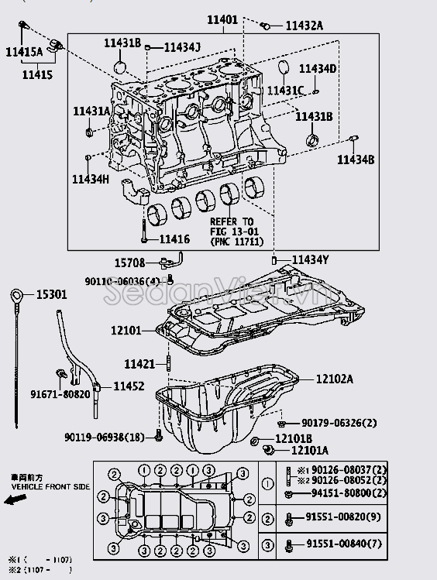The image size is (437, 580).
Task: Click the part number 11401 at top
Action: [x=224, y=19]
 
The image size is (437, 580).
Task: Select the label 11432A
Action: [x=304, y=26]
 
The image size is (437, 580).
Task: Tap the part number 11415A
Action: [x=24, y=52]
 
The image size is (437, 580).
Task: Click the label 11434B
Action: [x=355, y=159]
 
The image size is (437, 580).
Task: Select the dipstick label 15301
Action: [x=51, y=294]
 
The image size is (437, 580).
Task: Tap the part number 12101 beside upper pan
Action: [x=126, y=331]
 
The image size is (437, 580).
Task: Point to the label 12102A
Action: [x=334, y=379]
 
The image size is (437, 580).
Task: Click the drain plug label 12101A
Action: [x=309, y=450]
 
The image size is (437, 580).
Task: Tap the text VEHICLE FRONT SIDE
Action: [x=49, y=486]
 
